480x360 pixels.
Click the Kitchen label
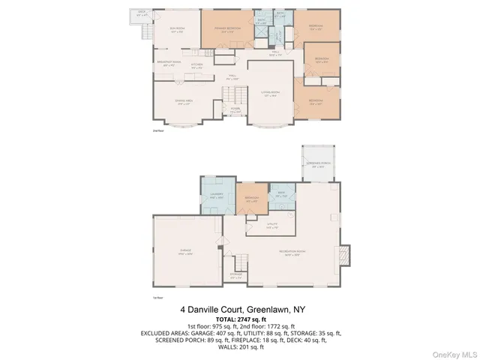[196, 66]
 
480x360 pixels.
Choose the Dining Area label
[164, 103]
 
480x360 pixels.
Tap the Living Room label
[271, 94]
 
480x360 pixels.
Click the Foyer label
[235, 109]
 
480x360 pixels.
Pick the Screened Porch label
[318, 165]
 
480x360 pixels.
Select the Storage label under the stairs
[236, 276]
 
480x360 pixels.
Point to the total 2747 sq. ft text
[239, 319]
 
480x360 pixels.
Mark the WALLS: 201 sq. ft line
[239, 346]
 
